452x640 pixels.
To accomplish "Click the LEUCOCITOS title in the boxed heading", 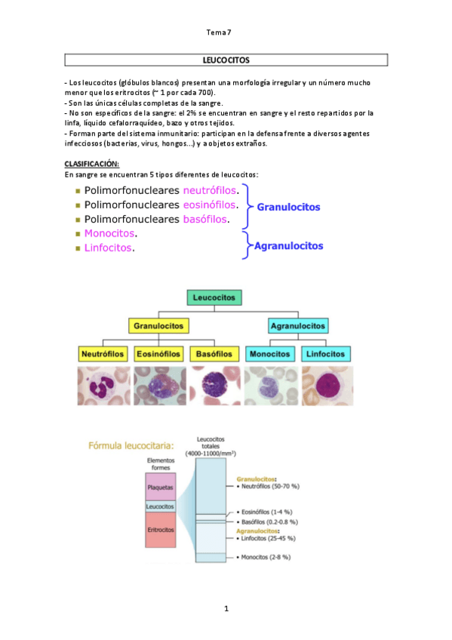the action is coord(226,59).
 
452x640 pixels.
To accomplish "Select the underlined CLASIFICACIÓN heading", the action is coord(91,164).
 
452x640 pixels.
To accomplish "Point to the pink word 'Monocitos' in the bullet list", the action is coord(109,233).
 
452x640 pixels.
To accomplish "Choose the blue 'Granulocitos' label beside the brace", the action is coord(288,206).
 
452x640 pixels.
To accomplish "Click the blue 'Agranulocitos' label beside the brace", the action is coord(289,245).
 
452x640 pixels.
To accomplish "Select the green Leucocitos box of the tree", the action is coord(214,298).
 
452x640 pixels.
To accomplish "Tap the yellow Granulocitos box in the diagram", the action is coord(158,327).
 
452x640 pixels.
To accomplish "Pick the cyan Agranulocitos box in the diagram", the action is coord(298,327).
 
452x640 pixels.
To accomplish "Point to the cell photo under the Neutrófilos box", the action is coord(103,386).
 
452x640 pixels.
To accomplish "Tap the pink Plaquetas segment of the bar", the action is coord(160,487).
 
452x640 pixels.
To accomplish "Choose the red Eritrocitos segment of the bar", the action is coord(160,531).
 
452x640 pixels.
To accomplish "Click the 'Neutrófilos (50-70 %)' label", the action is coord(271,488).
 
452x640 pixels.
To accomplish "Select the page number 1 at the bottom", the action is coord(226,608).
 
